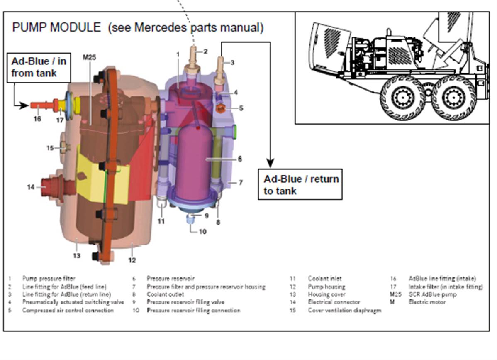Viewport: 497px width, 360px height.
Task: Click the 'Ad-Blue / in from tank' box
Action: tap(38, 67)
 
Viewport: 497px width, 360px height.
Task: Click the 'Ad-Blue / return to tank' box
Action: tap(301, 184)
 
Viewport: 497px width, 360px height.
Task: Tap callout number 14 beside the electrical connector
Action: tap(31, 187)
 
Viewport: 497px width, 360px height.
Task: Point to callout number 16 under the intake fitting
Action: tap(37, 119)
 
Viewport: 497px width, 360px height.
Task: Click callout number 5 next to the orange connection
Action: tap(241, 108)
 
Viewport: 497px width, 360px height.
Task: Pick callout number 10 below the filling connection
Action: tap(202, 232)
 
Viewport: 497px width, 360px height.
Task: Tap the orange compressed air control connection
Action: tap(221, 109)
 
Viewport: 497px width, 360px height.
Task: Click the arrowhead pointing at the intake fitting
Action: tap(24, 106)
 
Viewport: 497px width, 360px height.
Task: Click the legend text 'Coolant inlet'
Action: tap(325, 279)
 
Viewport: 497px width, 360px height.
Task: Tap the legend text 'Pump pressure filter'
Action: tap(49, 279)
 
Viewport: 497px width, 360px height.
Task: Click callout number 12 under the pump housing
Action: tap(132, 260)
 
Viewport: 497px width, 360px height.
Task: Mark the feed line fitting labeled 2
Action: tap(193, 58)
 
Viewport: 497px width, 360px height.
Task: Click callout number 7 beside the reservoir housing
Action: tap(241, 182)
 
